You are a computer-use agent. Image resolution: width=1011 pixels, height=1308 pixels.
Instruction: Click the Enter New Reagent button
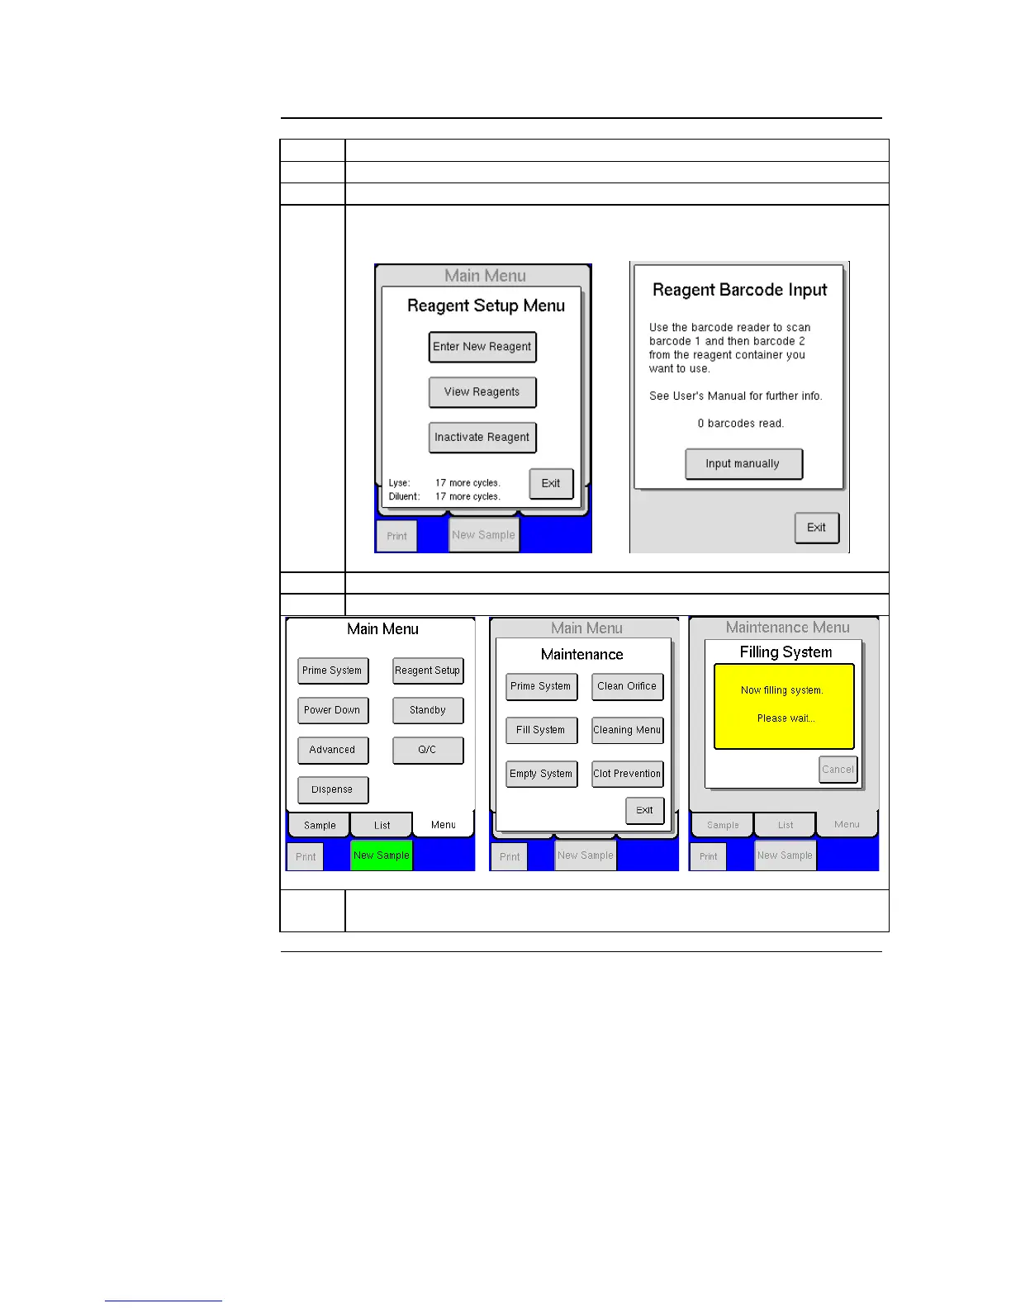pos(482,347)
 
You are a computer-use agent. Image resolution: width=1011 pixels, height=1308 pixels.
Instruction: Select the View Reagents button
pos(482,392)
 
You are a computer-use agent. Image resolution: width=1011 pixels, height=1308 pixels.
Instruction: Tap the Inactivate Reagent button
pos(482,438)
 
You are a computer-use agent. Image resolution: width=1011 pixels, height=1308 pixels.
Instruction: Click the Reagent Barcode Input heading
pos(739,290)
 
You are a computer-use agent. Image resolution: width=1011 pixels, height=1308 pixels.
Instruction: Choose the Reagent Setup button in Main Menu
pos(428,671)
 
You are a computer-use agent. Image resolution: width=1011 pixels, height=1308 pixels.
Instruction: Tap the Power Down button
pos(332,710)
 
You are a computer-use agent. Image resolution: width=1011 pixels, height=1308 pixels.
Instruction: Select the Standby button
pos(428,710)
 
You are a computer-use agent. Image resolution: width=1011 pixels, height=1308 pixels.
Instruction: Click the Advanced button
pos(332,750)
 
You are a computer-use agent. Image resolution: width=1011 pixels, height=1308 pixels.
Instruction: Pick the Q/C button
pos(428,750)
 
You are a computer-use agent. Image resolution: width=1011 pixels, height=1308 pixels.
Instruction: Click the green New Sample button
pos(381,855)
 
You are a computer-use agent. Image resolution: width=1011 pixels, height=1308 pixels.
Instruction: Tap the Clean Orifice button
pos(627,686)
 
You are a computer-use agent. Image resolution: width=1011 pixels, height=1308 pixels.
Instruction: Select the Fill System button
pos(541,730)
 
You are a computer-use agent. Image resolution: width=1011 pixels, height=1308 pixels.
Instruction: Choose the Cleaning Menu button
pos(627,730)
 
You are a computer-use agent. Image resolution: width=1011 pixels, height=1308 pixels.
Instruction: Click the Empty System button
pos(541,774)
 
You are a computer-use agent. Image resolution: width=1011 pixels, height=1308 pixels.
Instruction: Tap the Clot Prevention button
pos(627,774)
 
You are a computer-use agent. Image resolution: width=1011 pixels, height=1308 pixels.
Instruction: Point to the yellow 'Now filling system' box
pos(783,706)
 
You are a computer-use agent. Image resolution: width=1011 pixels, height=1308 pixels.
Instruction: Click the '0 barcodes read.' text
pos(740,424)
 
